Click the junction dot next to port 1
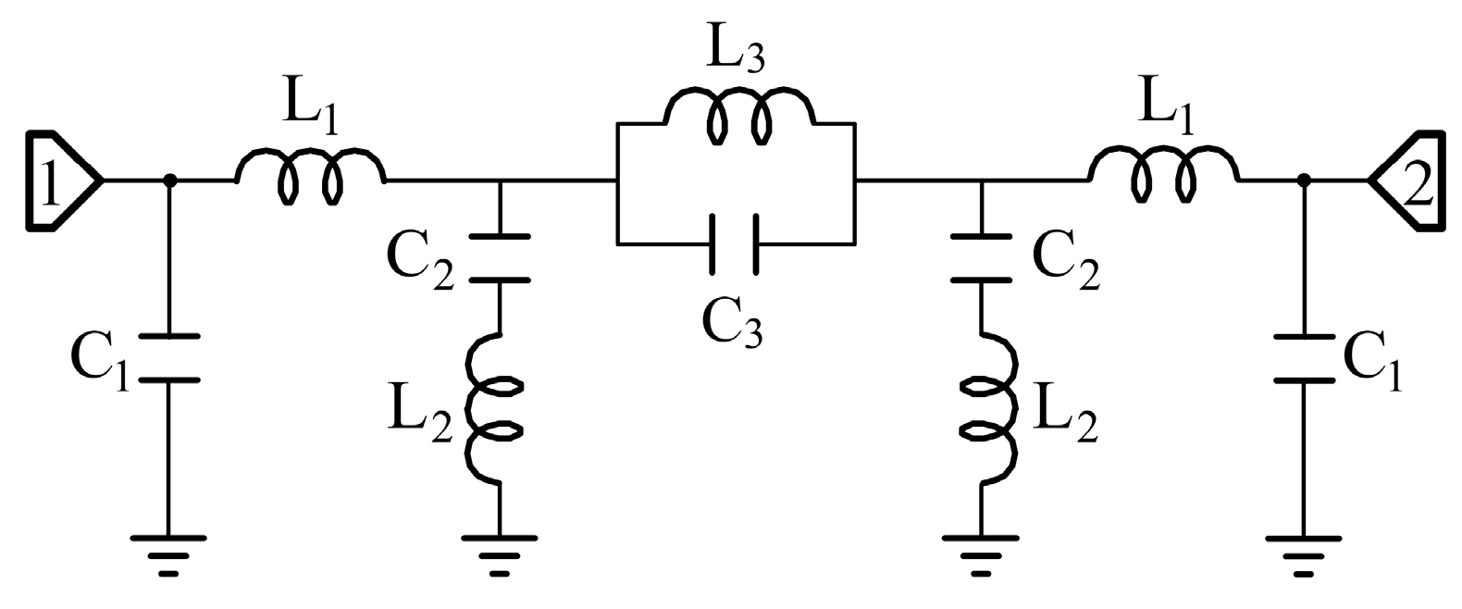tap(168, 181)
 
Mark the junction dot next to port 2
tap(1303, 181)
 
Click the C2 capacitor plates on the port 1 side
tap(500, 258)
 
